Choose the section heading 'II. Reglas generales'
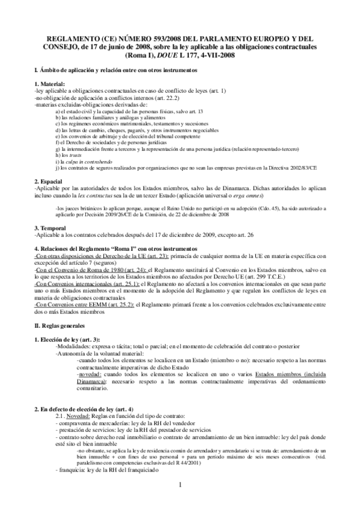pos(62,309)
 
